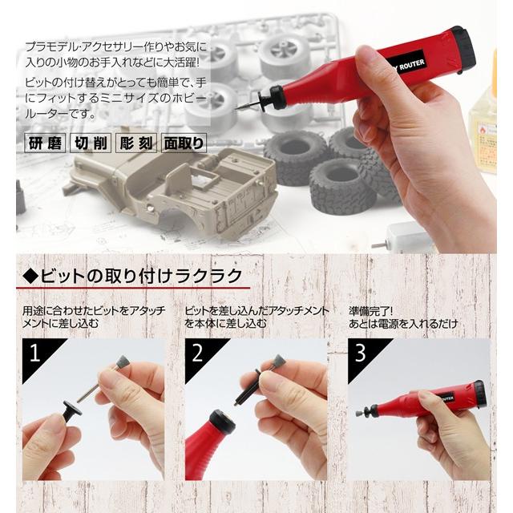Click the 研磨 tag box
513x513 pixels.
[44, 144]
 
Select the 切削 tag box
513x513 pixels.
[91, 144]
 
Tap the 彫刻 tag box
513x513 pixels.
[137, 144]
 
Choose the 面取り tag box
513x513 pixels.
[184, 144]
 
